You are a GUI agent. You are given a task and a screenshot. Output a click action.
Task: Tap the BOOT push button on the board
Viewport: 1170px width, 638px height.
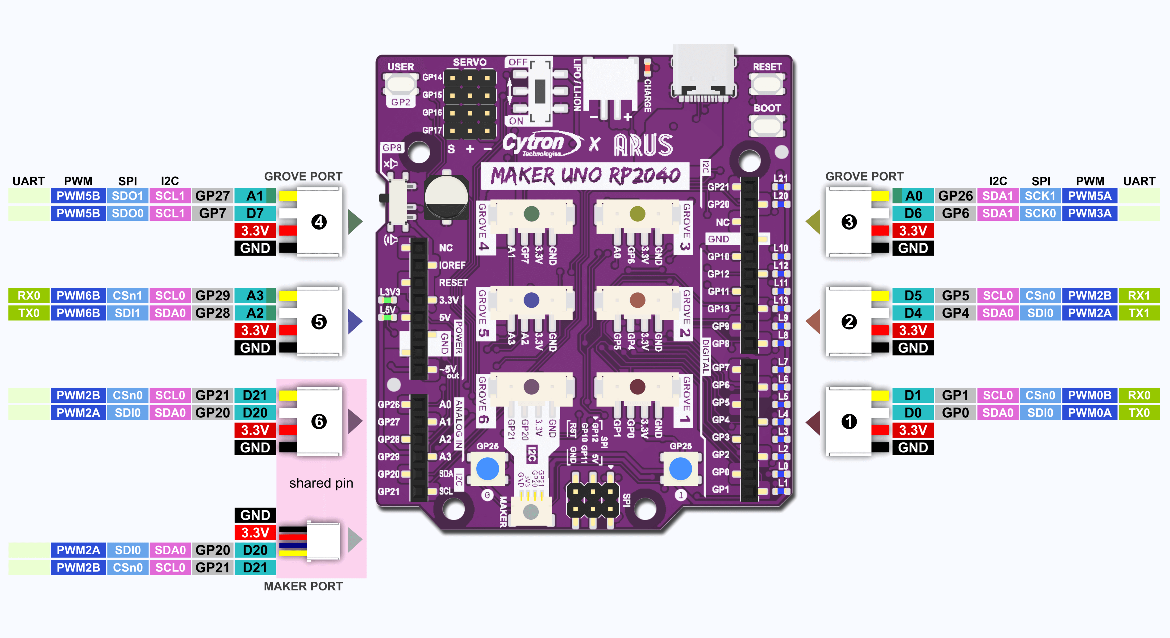click(x=767, y=126)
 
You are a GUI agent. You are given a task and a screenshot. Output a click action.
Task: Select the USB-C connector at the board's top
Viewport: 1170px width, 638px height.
click(x=704, y=73)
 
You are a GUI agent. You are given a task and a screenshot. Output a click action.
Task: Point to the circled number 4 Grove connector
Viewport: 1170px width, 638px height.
click(x=319, y=222)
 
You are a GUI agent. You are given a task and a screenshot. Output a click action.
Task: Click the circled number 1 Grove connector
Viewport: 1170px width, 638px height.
click(x=848, y=421)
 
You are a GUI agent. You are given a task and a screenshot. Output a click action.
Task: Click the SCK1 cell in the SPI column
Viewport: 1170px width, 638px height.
click(x=1040, y=196)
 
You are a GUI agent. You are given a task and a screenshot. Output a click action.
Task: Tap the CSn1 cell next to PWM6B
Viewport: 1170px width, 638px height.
click(x=128, y=296)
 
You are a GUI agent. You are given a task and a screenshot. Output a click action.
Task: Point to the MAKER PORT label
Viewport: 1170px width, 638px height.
click(x=303, y=586)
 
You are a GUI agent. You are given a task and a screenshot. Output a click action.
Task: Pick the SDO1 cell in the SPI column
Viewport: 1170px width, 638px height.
click(x=128, y=196)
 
